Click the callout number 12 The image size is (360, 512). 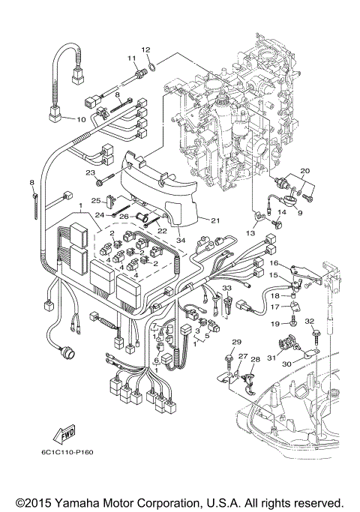(x=147, y=49)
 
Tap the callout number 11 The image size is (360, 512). (x=130, y=58)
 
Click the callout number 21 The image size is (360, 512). (x=214, y=220)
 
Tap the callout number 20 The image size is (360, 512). (x=304, y=172)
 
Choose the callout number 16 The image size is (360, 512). (x=274, y=264)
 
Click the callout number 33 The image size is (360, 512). (x=226, y=287)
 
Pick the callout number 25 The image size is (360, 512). (x=95, y=200)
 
